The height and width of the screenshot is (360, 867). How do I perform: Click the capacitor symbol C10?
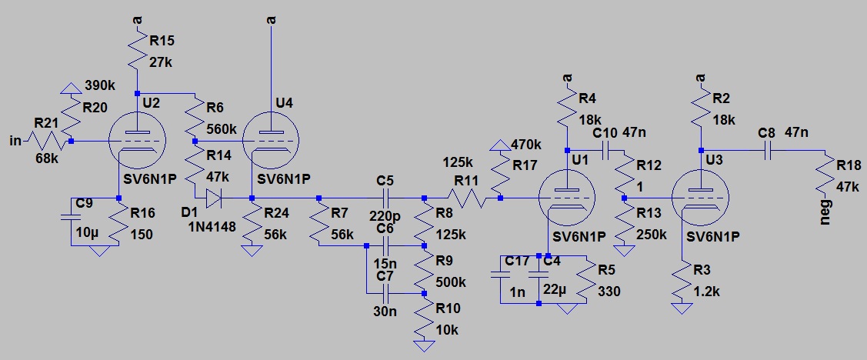(605, 151)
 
